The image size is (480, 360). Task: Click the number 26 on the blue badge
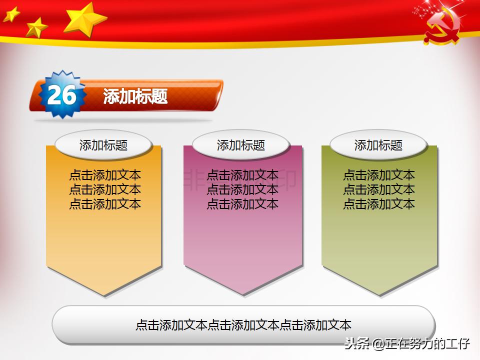pos(62,95)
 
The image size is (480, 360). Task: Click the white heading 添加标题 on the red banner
pos(135,96)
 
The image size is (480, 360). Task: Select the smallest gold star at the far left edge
pos(11,14)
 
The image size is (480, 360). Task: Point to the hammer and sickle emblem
pos(441,30)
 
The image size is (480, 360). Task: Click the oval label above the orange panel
pos(103,145)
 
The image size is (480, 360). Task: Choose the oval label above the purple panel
pos(240,145)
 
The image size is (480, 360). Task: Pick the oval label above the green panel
pos(378,145)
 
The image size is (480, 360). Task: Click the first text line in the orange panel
pos(105,175)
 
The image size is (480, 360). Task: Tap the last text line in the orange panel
pos(105,204)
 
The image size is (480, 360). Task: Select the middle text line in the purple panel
pos(242,189)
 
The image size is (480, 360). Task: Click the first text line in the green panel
pos(379,175)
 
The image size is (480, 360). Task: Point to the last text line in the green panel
pos(379,204)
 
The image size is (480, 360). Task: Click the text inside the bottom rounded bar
pos(243,325)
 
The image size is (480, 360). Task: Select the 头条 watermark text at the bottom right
pos(356,343)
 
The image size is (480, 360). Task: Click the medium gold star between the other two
pos(36,27)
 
